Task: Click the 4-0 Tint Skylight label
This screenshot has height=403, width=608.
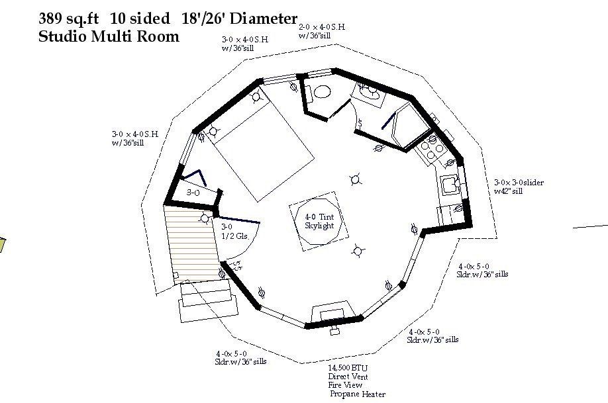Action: [x=319, y=222]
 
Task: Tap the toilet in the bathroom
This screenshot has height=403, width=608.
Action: [x=321, y=91]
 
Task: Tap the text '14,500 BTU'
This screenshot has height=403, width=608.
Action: [x=348, y=367]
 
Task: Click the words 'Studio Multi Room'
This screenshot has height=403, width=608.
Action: [x=109, y=36]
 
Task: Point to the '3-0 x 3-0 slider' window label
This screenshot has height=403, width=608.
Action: [x=519, y=183]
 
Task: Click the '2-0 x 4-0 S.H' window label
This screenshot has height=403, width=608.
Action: [x=321, y=27]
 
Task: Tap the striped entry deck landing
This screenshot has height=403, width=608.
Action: [x=192, y=242]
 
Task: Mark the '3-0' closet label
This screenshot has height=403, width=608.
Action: [x=193, y=192]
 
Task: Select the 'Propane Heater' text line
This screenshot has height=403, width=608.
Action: [x=358, y=394]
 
